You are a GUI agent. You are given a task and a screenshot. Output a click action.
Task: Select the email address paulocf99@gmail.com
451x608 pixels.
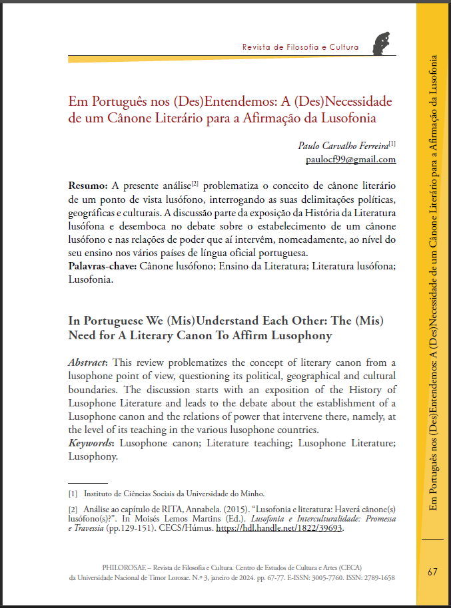tap(350, 160)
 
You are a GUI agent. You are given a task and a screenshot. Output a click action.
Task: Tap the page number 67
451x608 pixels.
tap(432, 572)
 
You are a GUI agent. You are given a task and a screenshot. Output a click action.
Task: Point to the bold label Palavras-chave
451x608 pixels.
tap(102, 266)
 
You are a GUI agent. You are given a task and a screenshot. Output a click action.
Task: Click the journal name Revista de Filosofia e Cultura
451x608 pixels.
tap(300, 47)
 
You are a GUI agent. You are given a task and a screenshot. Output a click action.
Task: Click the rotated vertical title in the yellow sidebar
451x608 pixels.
tap(433, 279)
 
